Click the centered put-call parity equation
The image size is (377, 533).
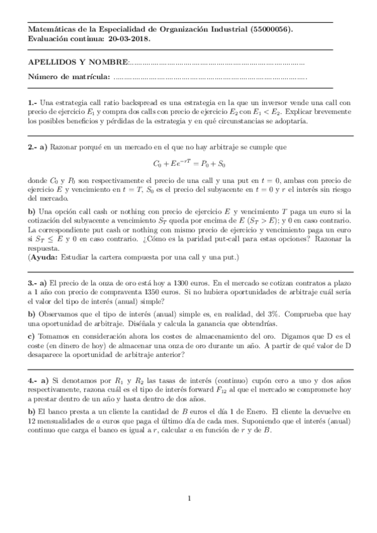coord(189,163)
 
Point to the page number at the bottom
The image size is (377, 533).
coord(189,499)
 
